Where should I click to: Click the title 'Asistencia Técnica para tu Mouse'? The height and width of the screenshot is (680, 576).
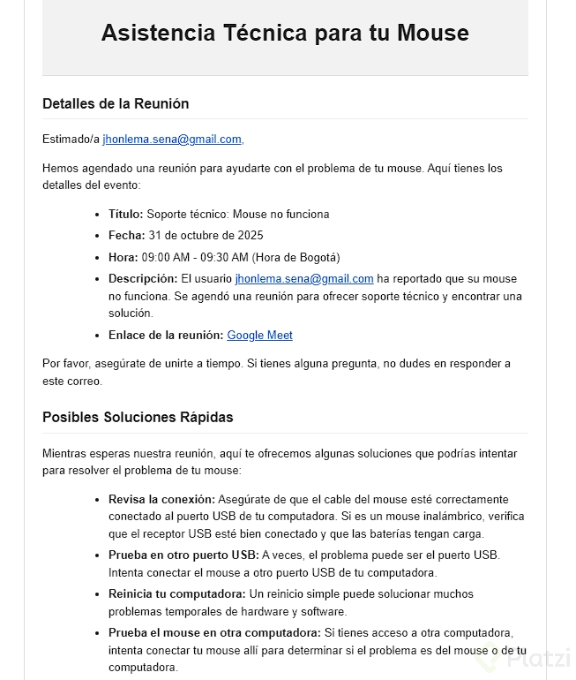pyautogui.click(x=284, y=34)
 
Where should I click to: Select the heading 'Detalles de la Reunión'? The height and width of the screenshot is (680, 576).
pyautogui.click(x=116, y=103)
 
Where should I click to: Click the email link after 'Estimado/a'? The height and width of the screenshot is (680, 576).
pyautogui.click(x=172, y=140)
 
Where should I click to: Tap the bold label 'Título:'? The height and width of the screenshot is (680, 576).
pyautogui.click(x=126, y=214)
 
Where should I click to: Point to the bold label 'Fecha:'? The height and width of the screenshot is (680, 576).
pyautogui.click(x=126, y=236)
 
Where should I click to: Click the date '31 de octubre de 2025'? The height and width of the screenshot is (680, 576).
pyautogui.click(x=206, y=236)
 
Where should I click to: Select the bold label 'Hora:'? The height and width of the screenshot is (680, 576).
pyautogui.click(x=123, y=258)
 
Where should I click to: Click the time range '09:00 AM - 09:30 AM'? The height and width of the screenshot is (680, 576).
pyautogui.click(x=195, y=258)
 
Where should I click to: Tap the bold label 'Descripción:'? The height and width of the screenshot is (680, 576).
pyautogui.click(x=143, y=279)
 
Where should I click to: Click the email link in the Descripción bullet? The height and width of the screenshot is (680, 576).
pyautogui.click(x=304, y=279)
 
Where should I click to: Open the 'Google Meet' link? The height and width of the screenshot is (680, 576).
pyautogui.click(x=259, y=336)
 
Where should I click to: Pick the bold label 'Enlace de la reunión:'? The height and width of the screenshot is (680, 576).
pyautogui.click(x=166, y=336)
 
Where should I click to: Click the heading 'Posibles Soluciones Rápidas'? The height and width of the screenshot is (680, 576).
pyautogui.click(x=138, y=417)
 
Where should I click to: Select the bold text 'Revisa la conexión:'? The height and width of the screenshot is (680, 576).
pyautogui.click(x=161, y=499)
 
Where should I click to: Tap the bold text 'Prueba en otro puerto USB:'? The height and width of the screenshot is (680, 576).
pyautogui.click(x=183, y=555)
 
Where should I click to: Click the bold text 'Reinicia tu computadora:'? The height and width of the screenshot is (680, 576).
pyautogui.click(x=177, y=594)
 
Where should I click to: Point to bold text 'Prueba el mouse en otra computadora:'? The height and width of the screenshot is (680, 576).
pyautogui.click(x=214, y=632)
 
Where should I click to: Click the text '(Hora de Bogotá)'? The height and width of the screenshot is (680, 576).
pyautogui.click(x=295, y=258)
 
